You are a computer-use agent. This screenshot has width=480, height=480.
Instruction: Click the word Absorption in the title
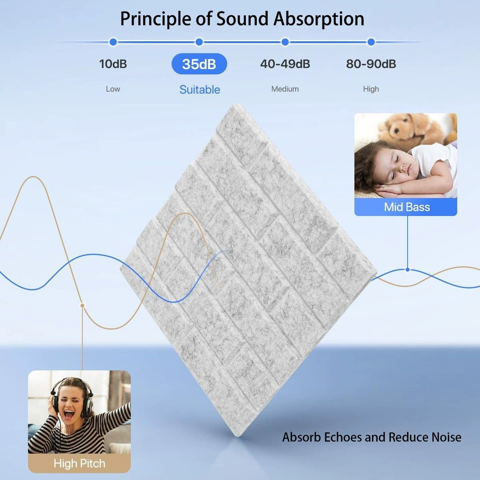(x=319, y=19)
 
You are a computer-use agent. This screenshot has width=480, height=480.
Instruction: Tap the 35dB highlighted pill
(x=199, y=64)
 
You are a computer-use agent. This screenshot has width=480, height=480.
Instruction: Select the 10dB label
(x=113, y=64)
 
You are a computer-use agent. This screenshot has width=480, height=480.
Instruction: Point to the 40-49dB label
(x=285, y=64)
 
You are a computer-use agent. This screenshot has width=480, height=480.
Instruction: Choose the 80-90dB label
(x=371, y=64)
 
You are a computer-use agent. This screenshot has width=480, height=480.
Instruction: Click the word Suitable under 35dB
(x=200, y=90)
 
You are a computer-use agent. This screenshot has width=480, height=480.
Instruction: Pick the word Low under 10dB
(x=113, y=89)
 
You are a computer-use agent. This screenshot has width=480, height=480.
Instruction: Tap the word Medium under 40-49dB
(x=285, y=89)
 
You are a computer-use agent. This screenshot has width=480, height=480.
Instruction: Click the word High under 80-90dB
(x=371, y=89)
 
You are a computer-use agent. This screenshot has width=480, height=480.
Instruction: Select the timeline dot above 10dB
(x=113, y=42)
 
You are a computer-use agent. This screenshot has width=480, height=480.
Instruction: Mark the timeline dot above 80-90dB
(x=371, y=42)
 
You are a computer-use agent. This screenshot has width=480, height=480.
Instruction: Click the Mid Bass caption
(x=407, y=207)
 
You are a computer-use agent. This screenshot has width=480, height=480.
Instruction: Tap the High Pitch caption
(x=80, y=464)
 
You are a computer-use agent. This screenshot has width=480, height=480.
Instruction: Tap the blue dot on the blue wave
(x=408, y=270)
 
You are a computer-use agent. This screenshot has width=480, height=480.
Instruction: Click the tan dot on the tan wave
(x=82, y=305)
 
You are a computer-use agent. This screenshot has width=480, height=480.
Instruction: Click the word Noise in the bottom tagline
(x=446, y=437)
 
